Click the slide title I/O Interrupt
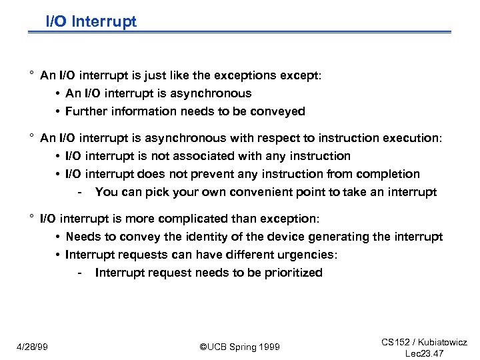[91, 21]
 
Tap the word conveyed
[279, 111]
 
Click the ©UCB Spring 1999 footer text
[239, 347]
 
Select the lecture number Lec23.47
[425, 353]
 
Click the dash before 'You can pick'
[80, 193]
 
